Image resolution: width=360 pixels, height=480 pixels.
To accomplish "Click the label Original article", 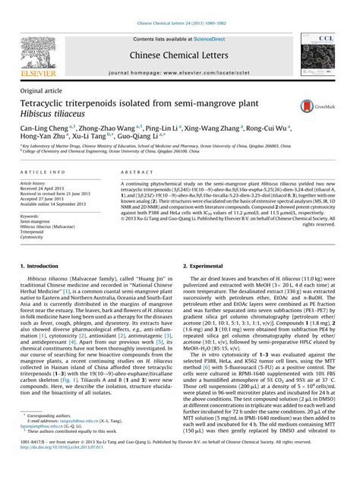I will click(39, 90).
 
